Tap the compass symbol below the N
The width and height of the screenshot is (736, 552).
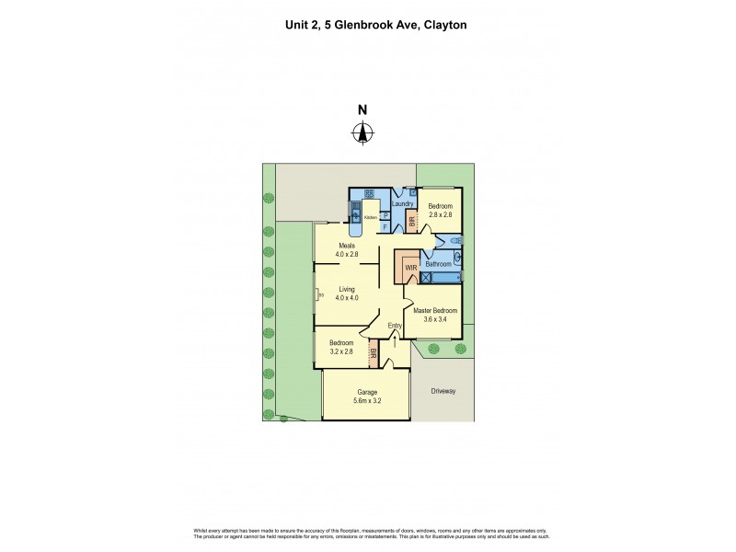pos(362,134)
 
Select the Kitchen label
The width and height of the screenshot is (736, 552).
pos(370,217)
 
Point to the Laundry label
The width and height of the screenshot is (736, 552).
pos(402,204)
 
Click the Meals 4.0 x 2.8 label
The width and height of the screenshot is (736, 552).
pos(347,249)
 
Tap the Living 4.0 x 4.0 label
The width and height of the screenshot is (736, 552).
pos(346,293)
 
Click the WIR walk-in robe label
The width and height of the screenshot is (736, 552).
pos(410,267)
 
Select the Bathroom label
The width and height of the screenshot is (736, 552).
pos(439,264)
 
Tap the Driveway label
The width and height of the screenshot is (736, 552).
pos(443,391)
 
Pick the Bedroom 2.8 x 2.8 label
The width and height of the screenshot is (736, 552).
pos(441,212)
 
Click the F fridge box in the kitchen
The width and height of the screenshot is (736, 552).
pos(385,225)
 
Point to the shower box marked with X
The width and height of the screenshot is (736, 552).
pos(426,275)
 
